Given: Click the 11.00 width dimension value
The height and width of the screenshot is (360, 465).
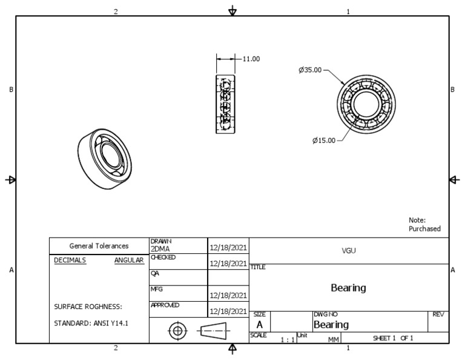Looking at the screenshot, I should pos(251,59).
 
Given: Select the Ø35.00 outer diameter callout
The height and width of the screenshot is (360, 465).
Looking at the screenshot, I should pos(310,70).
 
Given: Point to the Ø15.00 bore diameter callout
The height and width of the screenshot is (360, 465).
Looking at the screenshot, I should pos(323,141).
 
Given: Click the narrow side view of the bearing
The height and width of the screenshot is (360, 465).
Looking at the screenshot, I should pos(225,104).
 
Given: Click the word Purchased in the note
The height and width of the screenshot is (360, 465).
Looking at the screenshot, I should pos(424,229).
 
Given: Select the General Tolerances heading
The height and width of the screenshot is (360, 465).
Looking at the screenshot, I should pos(99,246).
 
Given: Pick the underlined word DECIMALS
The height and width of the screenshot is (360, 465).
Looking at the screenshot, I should pos(70,260).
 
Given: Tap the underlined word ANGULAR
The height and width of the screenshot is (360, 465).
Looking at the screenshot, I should pos(128,260).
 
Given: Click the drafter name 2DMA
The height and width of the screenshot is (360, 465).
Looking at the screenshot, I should pos(160,248).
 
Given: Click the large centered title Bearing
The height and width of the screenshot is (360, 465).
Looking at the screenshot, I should pos(349,288).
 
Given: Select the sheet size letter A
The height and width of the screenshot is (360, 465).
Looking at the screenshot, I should pos(259,325).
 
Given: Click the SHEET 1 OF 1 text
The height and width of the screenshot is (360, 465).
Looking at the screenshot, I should pos(393,338).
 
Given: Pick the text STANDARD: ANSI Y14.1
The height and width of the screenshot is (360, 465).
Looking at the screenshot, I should pos(91,322).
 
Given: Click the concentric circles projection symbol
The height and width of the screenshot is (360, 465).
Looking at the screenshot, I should pos(177,331).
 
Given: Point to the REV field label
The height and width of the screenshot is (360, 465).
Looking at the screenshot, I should pos(438,315).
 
